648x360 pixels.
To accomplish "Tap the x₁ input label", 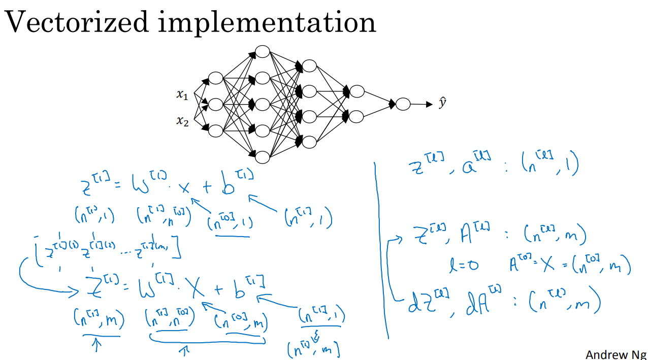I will click(x=182, y=94).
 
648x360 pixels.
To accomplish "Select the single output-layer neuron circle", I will click(x=403, y=104).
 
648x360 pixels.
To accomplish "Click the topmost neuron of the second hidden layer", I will click(x=262, y=51).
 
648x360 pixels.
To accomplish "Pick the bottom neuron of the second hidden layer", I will click(x=262, y=157).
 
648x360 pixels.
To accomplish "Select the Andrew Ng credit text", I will click(x=615, y=354).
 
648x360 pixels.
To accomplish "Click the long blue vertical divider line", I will click(x=382, y=249).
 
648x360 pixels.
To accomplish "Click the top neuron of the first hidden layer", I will click(x=216, y=78).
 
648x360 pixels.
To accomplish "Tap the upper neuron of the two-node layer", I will click(x=357, y=91).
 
